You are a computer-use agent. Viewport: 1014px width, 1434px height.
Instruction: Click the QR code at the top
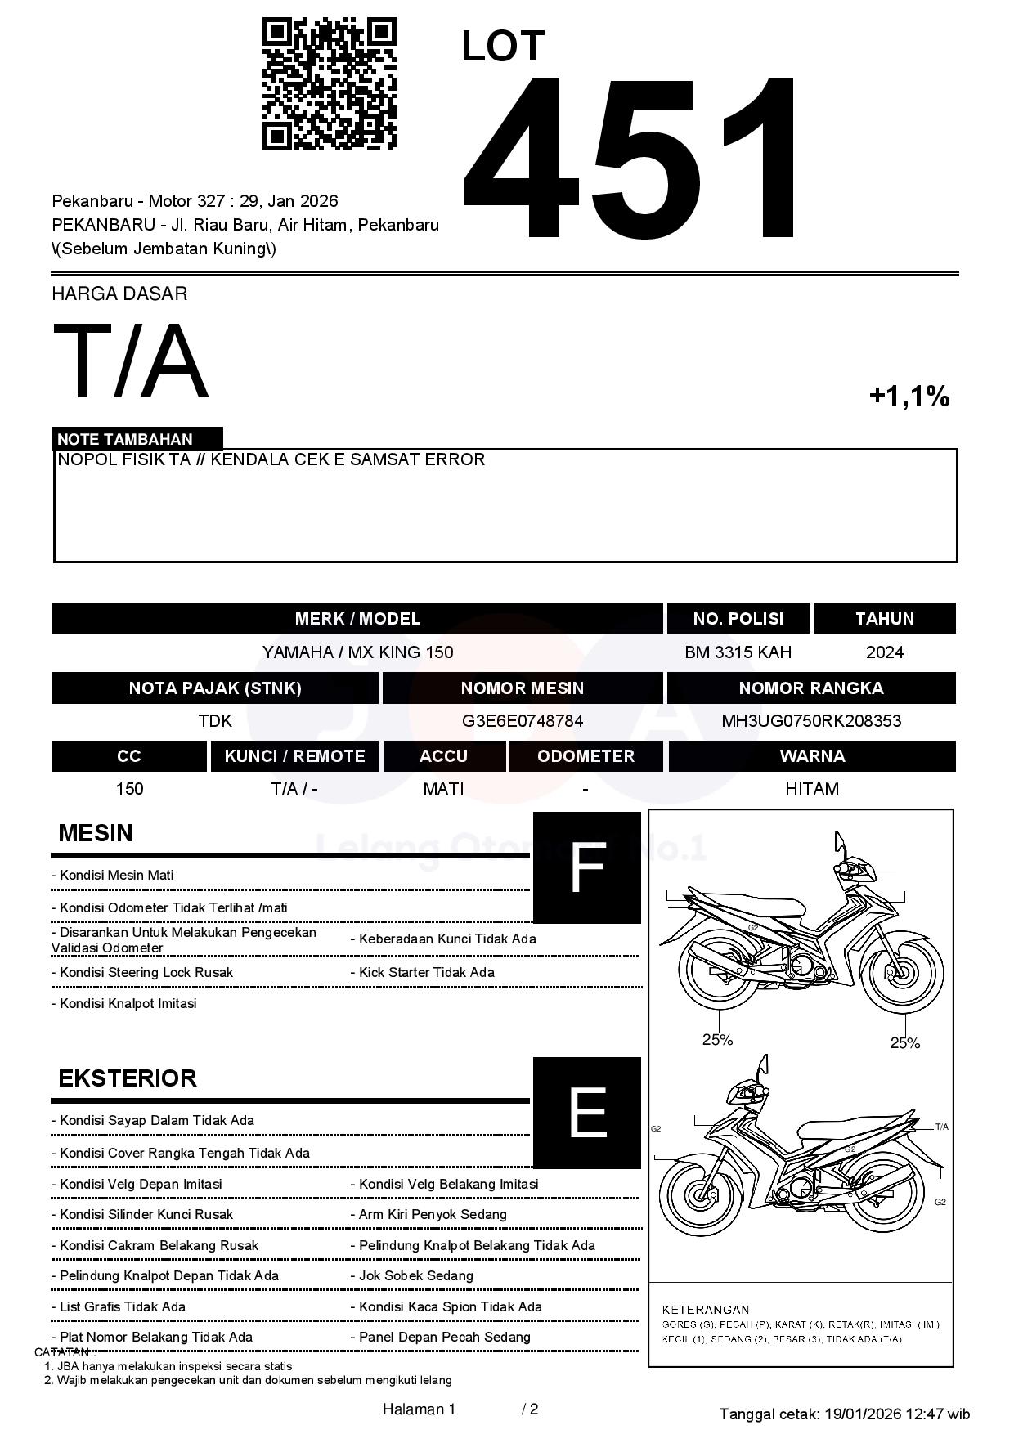click(329, 84)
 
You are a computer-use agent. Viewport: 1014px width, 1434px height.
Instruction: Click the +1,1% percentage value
click(909, 397)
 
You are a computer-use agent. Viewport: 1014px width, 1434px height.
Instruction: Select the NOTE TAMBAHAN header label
click(125, 439)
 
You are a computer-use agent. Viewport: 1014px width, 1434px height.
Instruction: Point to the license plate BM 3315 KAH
click(738, 652)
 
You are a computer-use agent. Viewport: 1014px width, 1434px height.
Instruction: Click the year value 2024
click(884, 652)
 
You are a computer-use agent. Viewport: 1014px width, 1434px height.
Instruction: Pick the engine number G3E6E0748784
click(523, 721)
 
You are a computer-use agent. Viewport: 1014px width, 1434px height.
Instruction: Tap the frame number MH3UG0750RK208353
click(811, 721)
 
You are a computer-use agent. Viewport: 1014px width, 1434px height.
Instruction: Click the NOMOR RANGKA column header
click(811, 688)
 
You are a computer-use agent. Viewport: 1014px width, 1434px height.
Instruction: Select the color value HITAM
click(811, 789)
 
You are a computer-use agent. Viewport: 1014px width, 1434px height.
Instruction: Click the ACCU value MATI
click(443, 789)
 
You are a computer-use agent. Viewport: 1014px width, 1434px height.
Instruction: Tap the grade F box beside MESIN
click(587, 867)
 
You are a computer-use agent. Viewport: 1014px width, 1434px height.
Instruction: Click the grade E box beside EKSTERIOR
click(587, 1113)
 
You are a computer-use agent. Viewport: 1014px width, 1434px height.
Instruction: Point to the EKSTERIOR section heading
click(128, 1078)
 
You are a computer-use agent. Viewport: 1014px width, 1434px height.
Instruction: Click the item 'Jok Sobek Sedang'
click(415, 1275)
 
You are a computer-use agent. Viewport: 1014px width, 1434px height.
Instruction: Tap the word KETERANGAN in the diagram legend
click(705, 1309)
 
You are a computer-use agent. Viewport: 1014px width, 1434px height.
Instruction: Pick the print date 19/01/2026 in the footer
click(862, 1414)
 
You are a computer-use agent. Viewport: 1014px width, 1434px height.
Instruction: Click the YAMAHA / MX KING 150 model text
click(357, 652)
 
